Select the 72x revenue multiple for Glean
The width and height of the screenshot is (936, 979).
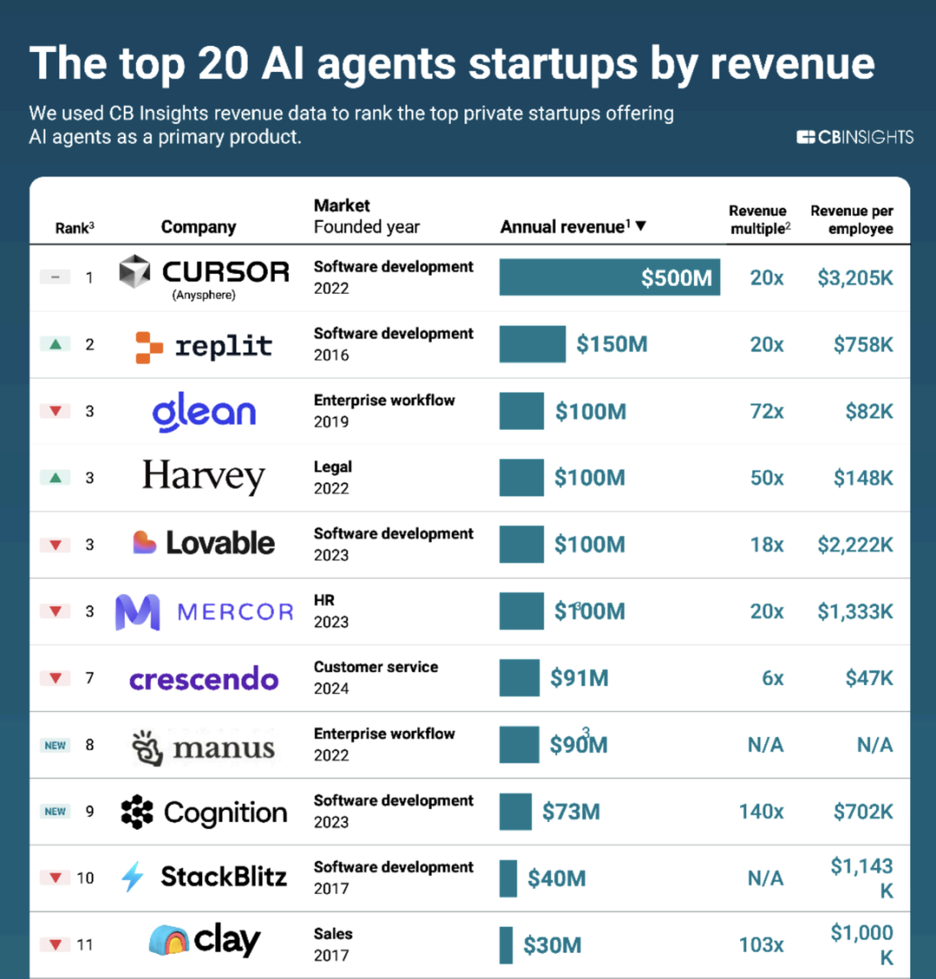(x=766, y=412)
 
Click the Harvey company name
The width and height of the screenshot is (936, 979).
(x=204, y=477)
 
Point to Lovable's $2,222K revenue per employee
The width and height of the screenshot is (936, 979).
(x=855, y=545)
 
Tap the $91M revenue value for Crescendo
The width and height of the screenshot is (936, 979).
(x=579, y=678)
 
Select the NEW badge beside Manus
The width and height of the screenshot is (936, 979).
(x=55, y=745)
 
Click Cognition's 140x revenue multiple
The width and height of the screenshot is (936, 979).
(x=761, y=812)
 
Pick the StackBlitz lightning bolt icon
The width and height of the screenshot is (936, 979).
(x=133, y=877)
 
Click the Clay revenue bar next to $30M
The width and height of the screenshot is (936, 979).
(x=506, y=945)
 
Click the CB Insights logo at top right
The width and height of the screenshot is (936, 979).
(x=855, y=137)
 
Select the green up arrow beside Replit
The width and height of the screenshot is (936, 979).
(x=55, y=344)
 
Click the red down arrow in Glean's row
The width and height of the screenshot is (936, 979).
(x=55, y=411)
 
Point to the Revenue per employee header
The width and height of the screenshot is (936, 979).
(x=852, y=219)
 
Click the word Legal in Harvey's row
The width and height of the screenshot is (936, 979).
(x=333, y=467)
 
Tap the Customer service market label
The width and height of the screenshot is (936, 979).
(x=376, y=667)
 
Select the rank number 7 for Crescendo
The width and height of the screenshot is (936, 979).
(x=89, y=678)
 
